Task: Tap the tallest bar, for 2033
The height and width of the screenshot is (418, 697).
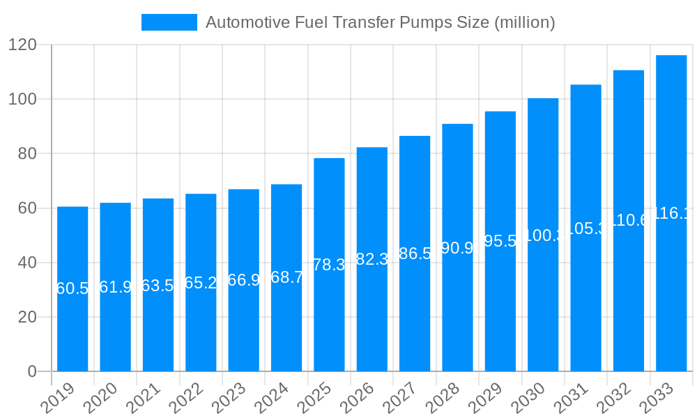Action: coord(671,293)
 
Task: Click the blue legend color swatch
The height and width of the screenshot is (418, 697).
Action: coord(169,22)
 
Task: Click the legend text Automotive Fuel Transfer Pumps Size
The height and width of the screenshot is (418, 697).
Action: coord(381,22)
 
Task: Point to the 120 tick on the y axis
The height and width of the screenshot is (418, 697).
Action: coord(22,45)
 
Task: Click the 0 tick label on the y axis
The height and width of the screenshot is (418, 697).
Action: coord(32,371)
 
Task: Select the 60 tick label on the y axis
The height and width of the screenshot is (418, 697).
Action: coord(27,208)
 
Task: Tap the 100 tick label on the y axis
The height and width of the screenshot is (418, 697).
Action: coord(22,99)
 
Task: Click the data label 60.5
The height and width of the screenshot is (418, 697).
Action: coord(72,288)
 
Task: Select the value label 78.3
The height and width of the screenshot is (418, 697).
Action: coord(329,265)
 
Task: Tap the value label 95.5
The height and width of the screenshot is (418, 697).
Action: coord(500,241)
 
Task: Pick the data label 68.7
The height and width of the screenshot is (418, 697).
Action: coord(286,277)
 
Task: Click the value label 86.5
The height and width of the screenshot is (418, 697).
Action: coord(415,254)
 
